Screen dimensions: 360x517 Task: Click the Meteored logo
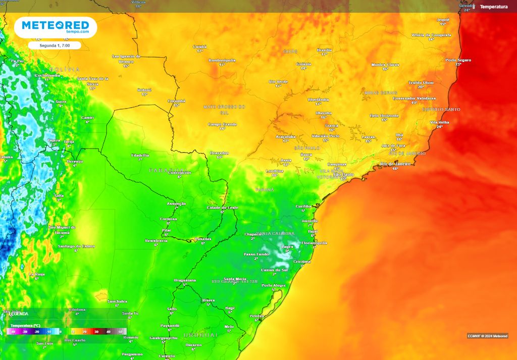(x=55, y=27)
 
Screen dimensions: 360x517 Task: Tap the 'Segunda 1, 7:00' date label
(x=56, y=45)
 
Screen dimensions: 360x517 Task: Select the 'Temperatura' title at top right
(x=493, y=7)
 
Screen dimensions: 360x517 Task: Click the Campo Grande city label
(x=222, y=124)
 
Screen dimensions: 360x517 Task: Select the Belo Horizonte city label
(x=384, y=116)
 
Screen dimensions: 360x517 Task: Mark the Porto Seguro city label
(x=458, y=60)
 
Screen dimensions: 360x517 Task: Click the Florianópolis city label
(x=315, y=243)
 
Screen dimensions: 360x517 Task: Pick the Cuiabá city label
(x=200, y=46)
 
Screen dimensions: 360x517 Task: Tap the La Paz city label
(x=18, y=61)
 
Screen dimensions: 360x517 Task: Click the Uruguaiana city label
(x=185, y=280)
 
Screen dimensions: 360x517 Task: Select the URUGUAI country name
(x=200, y=335)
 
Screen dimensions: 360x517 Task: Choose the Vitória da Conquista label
(x=431, y=35)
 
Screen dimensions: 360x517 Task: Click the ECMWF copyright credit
(x=487, y=336)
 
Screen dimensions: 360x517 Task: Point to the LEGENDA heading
(x=19, y=314)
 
